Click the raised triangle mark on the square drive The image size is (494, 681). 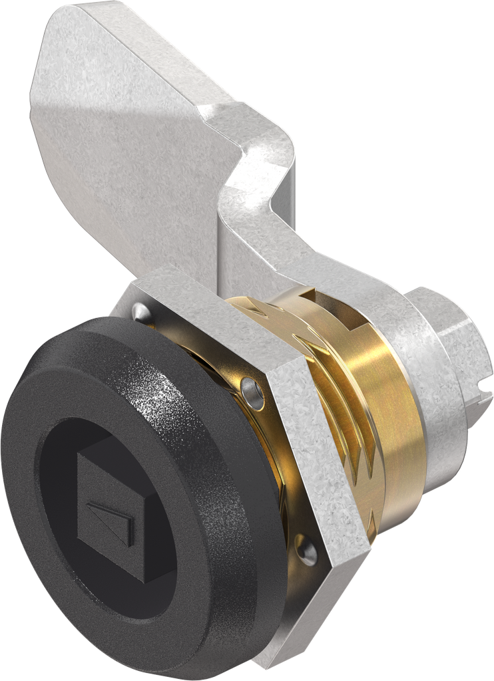coord(109,517)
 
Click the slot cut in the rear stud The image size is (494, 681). coord(483,399)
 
